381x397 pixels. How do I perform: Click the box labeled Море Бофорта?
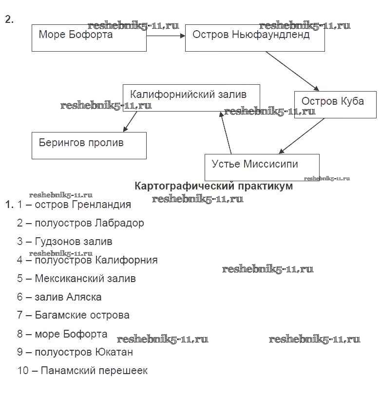click(x=89, y=38)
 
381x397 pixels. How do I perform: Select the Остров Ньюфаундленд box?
click(x=254, y=38)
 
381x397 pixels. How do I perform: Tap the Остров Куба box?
click(x=335, y=104)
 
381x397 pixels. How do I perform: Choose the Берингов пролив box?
click(x=89, y=145)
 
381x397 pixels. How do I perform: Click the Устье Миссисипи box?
click(x=262, y=167)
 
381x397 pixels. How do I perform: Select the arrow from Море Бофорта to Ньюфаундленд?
click(x=166, y=36)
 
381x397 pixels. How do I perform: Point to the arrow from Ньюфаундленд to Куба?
click(x=292, y=71)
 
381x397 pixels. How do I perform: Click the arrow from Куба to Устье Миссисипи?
click(x=302, y=136)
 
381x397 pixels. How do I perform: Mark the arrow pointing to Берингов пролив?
click(x=130, y=121)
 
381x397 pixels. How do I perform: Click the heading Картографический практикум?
click(x=213, y=186)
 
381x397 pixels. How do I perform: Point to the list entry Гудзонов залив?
click(x=74, y=242)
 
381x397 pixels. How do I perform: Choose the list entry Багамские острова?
click(x=82, y=315)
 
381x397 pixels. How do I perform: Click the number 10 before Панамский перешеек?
click(x=23, y=370)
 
